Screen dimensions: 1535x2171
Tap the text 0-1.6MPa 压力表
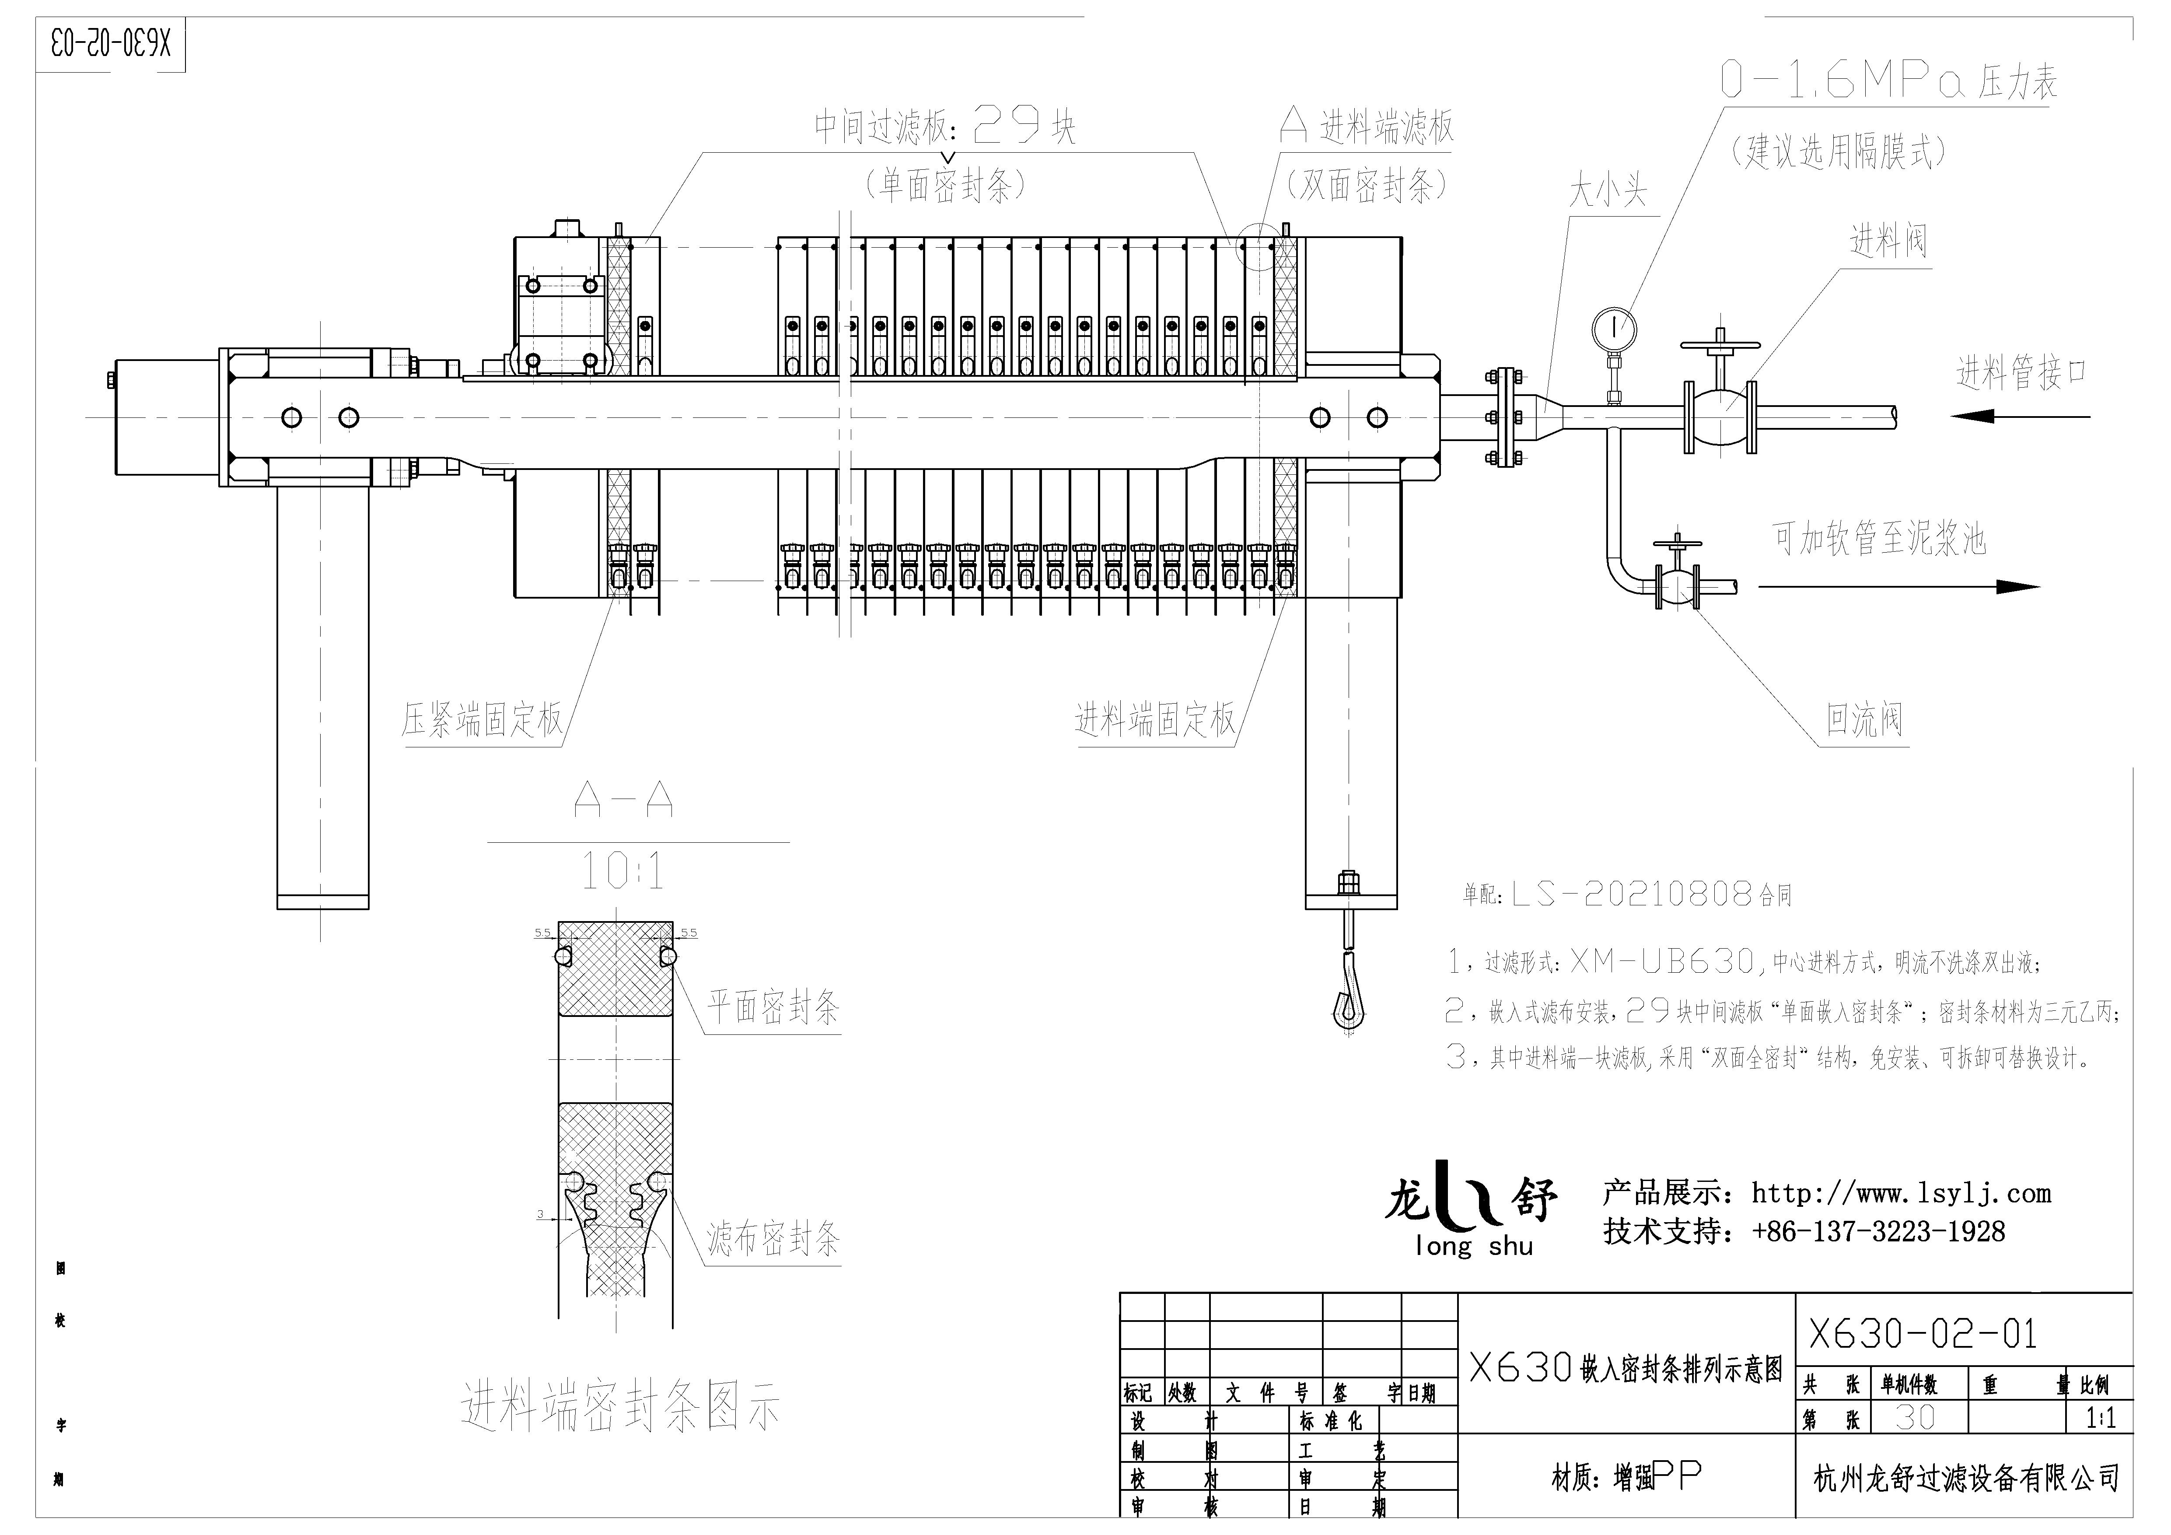tap(1888, 82)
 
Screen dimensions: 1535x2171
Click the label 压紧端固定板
tap(482, 721)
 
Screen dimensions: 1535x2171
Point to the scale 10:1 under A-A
tap(621, 871)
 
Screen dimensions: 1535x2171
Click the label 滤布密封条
tap(773, 1238)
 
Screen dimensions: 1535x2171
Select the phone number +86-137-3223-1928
tap(1878, 1231)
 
